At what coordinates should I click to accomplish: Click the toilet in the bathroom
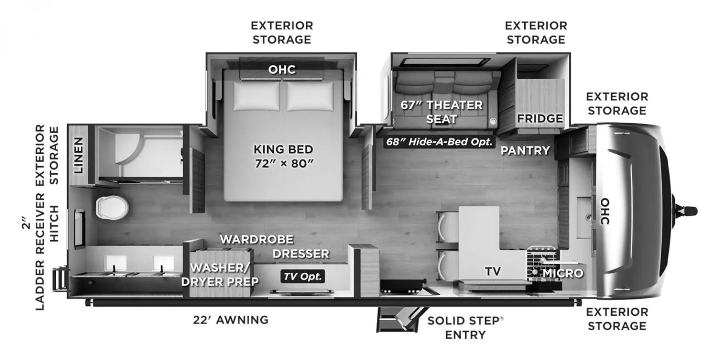pyautogui.click(x=112, y=207)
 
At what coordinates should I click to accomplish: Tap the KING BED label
pyautogui.click(x=283, y=149)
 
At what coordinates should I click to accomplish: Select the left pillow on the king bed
pyautogui.click(x=256, y=96)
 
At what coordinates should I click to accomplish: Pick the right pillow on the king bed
pyautogui.click(x=310, y=96)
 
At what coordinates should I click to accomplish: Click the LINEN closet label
pyautogui.click(x=78, y=155)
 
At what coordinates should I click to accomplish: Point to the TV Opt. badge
pyautogui.click(x=303, y=276)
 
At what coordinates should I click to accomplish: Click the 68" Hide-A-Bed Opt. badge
pyautogui.click(x=439, y=142)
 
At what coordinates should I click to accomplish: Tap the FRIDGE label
pyautogui.click(x=540, y=118)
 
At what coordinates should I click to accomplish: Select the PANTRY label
pyautogui.click(x=526, y=150)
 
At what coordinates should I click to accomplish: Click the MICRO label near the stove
pyautogui.click(x=563, y=273)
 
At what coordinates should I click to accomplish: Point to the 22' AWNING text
pyautogui.click(x=230, y=320)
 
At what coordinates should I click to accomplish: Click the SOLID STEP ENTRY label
pyautogui.click(x=465, y=328)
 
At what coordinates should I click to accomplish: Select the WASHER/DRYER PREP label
pyautogui.click(x=220, y=274)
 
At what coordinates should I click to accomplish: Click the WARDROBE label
pyautogui.click(x=257, y=239)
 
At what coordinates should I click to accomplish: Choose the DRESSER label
pyautogui.click(x=301, y=254)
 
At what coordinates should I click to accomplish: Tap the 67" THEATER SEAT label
pyautogui.click(x=441, y=112)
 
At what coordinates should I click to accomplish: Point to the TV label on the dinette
pyautogui.click(x=493, y=271)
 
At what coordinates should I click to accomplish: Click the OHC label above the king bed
pyautogui.click(x=282, y=69)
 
